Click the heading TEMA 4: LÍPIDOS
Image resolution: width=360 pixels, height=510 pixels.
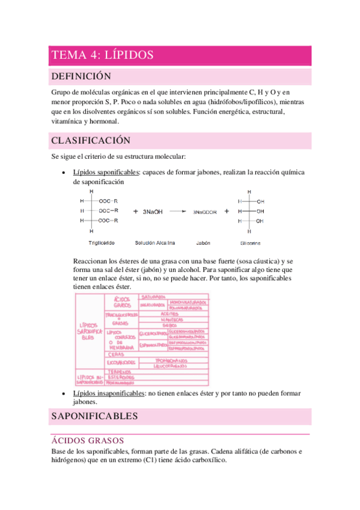103,55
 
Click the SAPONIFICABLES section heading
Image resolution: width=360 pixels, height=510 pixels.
94,416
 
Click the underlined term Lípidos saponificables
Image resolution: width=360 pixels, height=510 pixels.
105,172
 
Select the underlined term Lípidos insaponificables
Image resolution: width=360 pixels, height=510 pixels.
109,393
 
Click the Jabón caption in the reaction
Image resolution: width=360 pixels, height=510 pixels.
203,243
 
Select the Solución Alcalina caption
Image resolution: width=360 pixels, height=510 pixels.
155,243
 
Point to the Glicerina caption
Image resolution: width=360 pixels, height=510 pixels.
250,244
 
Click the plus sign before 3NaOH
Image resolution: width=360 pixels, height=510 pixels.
136,211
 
